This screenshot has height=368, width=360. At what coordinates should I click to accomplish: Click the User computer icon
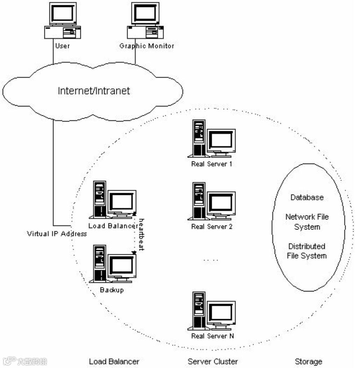coord(63,21)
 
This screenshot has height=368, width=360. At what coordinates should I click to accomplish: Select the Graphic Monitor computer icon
coord(145,21)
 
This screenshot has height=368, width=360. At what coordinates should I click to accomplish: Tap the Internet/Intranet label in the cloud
coord(94,91)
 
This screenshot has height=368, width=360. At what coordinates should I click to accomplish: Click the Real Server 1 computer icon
coord(211,139)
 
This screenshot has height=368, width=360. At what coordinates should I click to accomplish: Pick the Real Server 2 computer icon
coord(211,201)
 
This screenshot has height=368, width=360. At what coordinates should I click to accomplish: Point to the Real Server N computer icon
coord(211,311)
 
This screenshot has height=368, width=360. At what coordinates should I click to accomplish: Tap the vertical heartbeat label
coord(142,235)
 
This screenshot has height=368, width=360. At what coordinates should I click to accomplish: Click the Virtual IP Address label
coord(57,234)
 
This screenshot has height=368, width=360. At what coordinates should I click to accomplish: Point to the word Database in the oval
coord(307,197)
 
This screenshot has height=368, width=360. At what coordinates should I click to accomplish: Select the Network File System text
coord(307,222)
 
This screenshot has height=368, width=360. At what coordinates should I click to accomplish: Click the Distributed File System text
coord(307,251)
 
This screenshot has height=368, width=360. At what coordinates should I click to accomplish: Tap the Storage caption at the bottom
coord(308,361)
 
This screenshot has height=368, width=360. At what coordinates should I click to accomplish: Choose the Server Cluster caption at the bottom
coord(213,361)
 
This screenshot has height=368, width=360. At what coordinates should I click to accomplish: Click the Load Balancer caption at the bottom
coord(114,361)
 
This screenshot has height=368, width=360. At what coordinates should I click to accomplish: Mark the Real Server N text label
coord(213,336)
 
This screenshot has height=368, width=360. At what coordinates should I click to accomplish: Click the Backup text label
coord(112,290)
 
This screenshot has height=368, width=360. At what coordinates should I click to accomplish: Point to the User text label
coord(62,45)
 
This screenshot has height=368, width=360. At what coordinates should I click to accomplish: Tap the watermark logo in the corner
coord(25,361)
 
